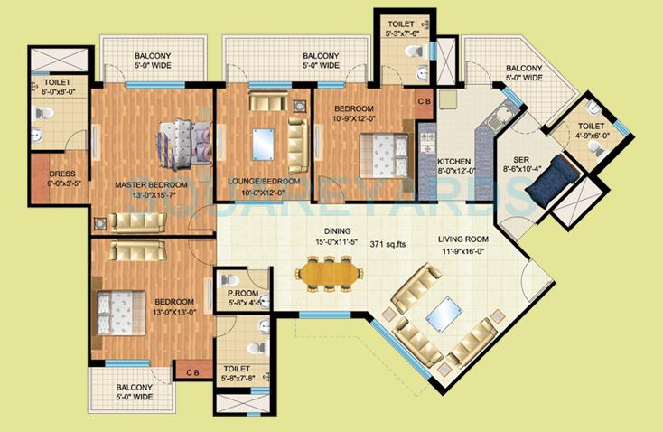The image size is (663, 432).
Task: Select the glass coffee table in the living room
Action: coord(442,315)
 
